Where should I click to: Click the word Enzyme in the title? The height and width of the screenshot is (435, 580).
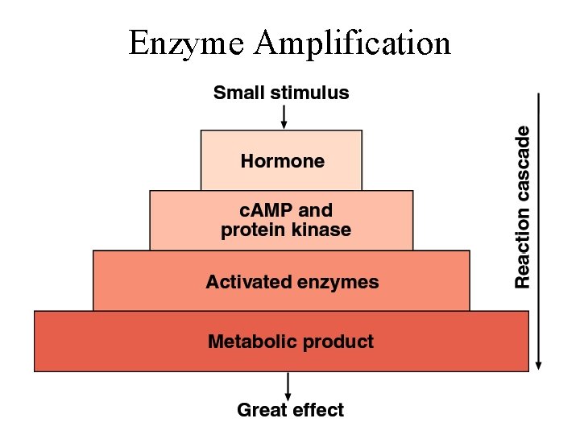click(185, 43)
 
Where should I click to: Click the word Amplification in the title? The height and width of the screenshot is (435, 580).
click(352, 43)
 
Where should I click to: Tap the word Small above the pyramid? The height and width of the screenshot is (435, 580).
click(238, 93)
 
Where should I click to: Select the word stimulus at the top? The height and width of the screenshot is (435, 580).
click(310, 93)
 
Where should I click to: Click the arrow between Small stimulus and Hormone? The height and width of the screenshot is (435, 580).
click(284, 118)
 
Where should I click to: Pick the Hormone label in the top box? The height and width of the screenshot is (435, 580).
click(282, 161)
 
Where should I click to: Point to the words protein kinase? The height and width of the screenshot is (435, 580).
click(286, 230)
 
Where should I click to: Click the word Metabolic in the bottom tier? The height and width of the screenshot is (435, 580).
click(249, 342)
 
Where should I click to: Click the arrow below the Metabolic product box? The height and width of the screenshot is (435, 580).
click(288, 385)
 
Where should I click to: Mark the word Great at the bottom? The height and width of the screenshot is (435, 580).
click(261, 410)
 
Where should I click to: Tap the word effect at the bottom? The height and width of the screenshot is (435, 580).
click(318, 410)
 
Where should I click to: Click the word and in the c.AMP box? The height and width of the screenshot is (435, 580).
click(315, 211)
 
